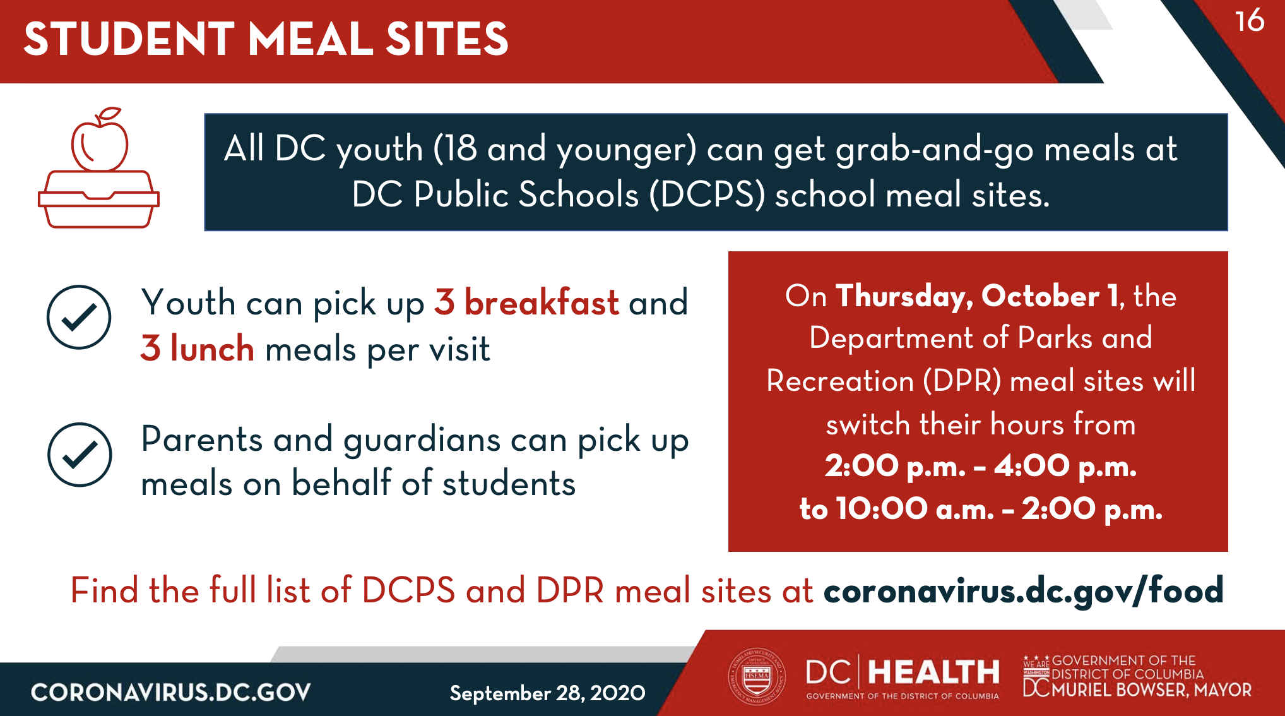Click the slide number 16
1250,21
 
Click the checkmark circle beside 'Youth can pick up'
79,317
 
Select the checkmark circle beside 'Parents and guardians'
80,455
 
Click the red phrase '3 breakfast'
527,302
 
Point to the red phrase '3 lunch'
198,348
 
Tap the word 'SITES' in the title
447,39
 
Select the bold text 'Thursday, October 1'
976,296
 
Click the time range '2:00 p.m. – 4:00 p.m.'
981,466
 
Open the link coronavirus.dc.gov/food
1023,591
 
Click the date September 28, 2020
547,693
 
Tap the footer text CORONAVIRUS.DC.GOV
171,693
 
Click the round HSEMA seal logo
757,676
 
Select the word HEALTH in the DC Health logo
934,672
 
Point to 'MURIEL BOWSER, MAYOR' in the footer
1151,689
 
